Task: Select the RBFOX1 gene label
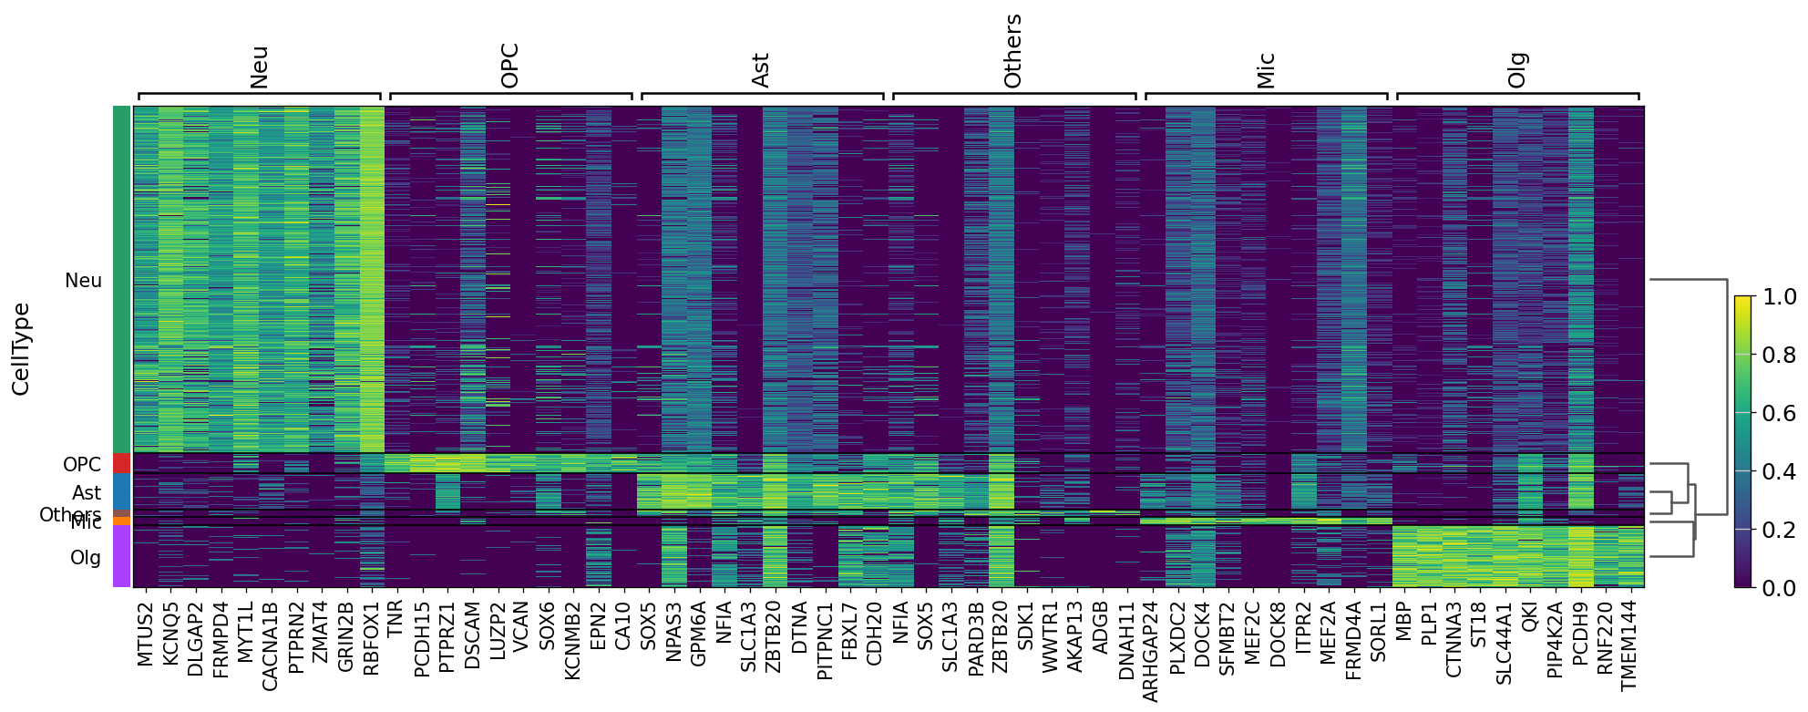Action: click(x=372, y=637)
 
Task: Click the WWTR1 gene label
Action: click(x=1051, y=635)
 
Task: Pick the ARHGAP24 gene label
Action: click(x=1151, y=651)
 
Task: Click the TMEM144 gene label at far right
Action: click(x=1629, y=645)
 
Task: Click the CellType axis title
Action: click(x=21, y=349)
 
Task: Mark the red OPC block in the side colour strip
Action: click(x=122, y=463)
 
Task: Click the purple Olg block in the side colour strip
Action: click(x=122, y=556)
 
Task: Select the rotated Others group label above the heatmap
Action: click(x=1012, y=51)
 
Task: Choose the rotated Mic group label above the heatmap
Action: click(x=1265, y=70)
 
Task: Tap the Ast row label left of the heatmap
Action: click(x=87, y=493)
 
